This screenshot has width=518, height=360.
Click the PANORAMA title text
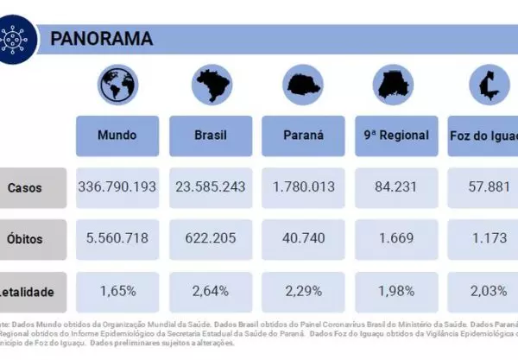[x=102, y=39]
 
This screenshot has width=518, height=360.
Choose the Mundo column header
[x=117, y=136]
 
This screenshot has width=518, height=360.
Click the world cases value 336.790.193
[x=117, y=187]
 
